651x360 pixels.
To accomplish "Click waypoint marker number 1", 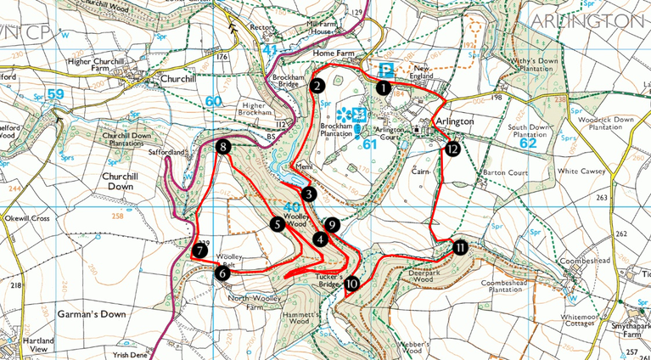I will click(384, 87).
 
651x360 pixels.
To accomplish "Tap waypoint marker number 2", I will click(317, 86).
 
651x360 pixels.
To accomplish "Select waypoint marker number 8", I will click(223, 147).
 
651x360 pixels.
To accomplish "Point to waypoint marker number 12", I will click(452, 149).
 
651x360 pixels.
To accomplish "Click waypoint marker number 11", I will click(459, 247).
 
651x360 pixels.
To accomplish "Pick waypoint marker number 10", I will click(351, 284).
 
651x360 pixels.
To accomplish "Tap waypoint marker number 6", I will click(222, 273).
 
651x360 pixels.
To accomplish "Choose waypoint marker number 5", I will click(277, 224).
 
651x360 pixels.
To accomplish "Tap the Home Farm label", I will click(332, 53).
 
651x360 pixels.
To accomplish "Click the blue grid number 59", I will click(55, 93).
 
